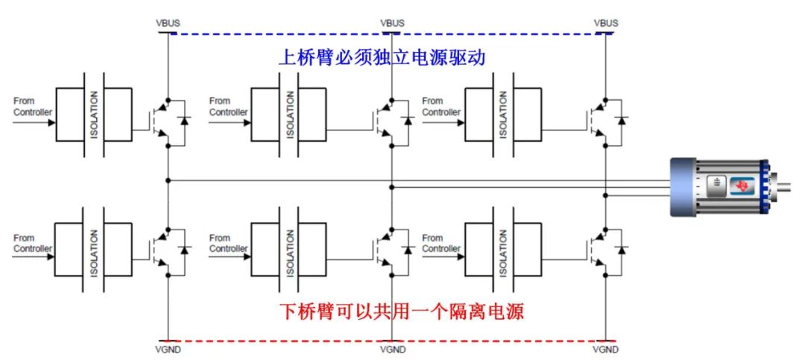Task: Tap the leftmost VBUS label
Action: point(168,23)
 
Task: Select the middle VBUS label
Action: point(392,23)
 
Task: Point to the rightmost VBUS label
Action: point(606,23)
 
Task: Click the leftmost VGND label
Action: point(168,349)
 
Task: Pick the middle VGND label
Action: point(392,349)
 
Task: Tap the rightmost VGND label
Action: point(606,349)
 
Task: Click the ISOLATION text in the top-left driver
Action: point(94,115)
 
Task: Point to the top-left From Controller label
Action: point(33,107)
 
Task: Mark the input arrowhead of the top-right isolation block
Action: point(460,122)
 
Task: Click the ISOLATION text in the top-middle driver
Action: point(289,115)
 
